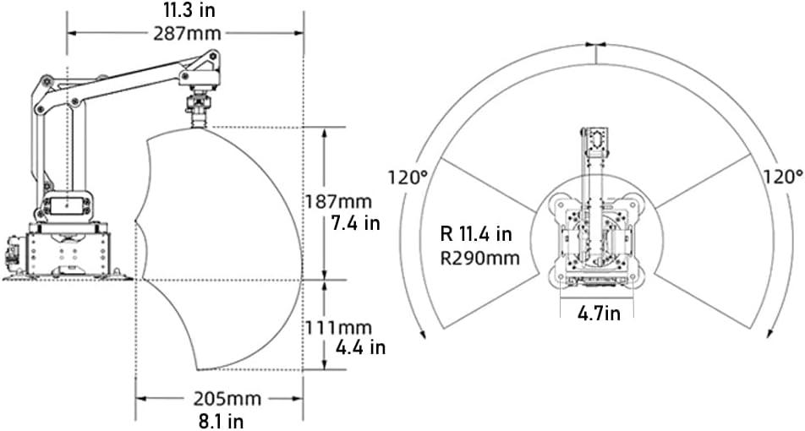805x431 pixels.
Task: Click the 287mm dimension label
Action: (187, 33)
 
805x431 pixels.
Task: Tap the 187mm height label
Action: (338, 201)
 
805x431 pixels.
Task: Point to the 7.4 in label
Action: (355, 224)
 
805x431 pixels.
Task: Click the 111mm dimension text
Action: (338, 327)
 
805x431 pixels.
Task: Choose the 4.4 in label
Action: (360, 348)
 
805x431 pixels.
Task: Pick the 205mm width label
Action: (227, 399)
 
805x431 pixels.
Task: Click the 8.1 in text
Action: (221, 421)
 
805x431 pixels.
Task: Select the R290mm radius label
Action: (480, 258)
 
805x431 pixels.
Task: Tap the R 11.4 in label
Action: (476, 234)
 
